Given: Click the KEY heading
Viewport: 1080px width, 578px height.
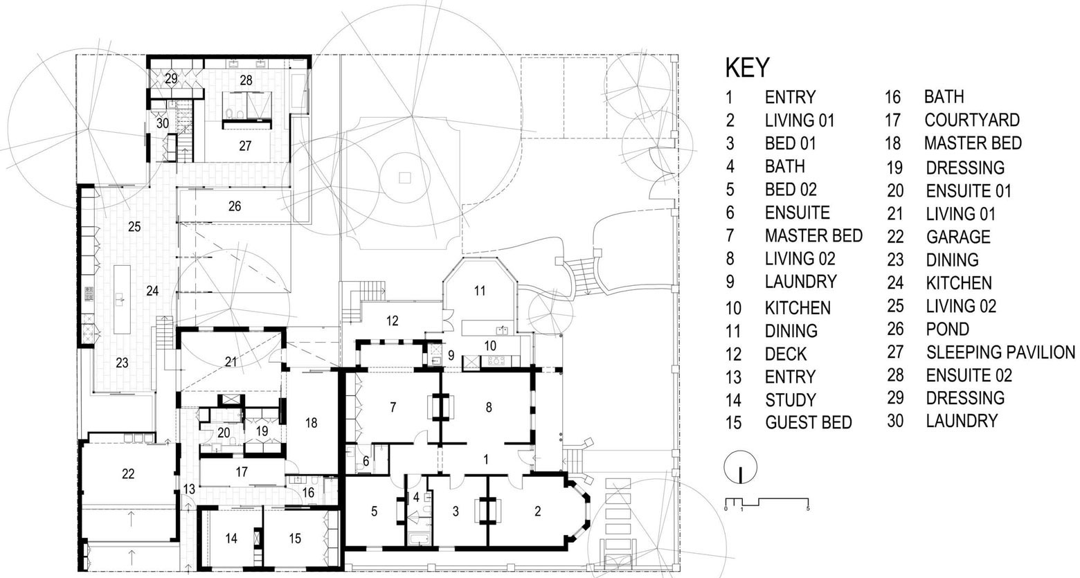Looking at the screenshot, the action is pos(747,67).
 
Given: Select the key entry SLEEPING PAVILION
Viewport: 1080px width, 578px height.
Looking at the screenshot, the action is pos(1000,352).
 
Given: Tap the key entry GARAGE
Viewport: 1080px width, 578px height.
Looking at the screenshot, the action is pos(958,237).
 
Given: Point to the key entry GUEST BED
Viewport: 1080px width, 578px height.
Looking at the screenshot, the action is pos(809,423).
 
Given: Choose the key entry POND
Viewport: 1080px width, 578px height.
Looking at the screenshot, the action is pos(947,329).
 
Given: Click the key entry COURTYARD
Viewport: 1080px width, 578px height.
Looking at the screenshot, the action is pos(972,120).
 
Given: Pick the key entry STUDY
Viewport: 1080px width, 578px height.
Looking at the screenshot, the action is pos(791,400).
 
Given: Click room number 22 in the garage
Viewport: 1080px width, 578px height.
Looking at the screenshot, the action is pos(128,474).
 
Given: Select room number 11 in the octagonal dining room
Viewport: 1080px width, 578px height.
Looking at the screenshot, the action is pos(480,291).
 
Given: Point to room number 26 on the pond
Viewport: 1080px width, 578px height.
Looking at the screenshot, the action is pos(235,207).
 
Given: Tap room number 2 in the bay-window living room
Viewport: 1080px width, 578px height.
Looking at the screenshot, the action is pos(538,512).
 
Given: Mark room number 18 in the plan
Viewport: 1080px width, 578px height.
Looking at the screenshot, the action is pos(312,423).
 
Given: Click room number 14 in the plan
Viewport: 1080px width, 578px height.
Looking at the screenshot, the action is pos(231,539).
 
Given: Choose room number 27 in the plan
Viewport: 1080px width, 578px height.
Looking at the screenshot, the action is pos(245,146).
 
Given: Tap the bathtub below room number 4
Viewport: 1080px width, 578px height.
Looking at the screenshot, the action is pos(417,539).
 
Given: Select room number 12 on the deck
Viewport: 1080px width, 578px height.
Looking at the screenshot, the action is pos(393,321).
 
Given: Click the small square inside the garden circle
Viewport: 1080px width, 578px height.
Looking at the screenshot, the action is pos(404,178).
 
